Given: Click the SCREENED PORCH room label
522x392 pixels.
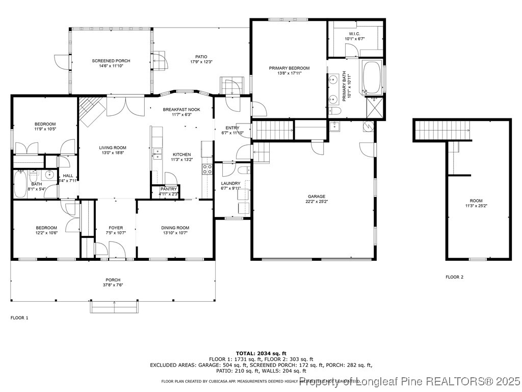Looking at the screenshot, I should (108, 61).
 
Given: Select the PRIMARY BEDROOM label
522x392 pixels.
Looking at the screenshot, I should (289, 68).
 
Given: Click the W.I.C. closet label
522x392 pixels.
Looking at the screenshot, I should (354, 34).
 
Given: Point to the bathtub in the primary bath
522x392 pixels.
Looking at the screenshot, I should (372, 78).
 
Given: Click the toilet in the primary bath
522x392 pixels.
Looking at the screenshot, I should (335, 111).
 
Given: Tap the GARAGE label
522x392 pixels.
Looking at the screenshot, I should (316, 196).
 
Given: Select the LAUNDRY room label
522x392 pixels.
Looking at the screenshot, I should (230, 183).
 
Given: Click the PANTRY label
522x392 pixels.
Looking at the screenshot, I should (168, 189).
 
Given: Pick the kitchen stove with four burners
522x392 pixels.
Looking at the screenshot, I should (207, 169).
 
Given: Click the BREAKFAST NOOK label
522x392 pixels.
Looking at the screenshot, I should (181, 110).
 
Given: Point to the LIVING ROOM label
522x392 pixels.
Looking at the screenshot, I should (113, 148).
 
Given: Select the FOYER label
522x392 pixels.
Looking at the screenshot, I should (116, 228).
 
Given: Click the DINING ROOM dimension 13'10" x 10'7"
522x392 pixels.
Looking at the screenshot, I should (175, 233).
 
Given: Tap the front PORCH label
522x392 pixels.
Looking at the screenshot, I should (113, 280).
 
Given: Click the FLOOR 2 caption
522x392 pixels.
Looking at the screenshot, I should (454, 277).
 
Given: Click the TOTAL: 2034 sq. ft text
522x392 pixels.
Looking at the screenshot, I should (261, 353).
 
